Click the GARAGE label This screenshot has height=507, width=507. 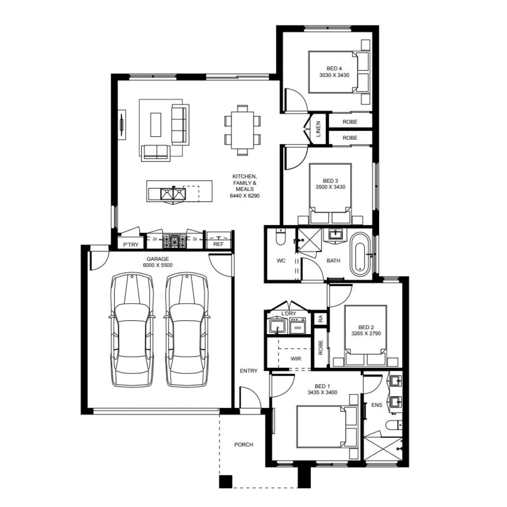pyautogui.click(x=158, y=259)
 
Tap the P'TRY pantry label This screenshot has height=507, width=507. pyautogui.click(x=131, y=244)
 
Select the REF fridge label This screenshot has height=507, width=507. pyautogui.click(x=218, y=244)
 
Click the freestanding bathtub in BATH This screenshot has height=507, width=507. pyautogui.click(x=360, y=254)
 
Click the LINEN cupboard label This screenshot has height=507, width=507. pyautogui.click(x=318, y=129)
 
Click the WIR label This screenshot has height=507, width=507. pyautogui.click(x=296, y=359)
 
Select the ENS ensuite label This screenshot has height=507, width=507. pyautogui.click(x=377, y=405)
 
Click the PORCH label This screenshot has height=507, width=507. pyautogui.click(x=244, y=444)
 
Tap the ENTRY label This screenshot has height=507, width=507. pyautogui.click(x=248, y=371)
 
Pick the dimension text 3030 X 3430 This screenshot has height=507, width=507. pyautogui.click(x=334, y=75)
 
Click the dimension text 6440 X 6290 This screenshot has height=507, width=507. pyautogui.click(x=245, y=196)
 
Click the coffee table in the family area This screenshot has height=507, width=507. pyautogui.click(x=155, y=124)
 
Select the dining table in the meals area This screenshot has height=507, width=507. pyautogui.click(x=242, y=130)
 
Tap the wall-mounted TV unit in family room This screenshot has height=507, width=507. pyautogui.click(x=121, y=124)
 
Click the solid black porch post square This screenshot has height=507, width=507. pyautogui.click(x=225, y=482)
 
